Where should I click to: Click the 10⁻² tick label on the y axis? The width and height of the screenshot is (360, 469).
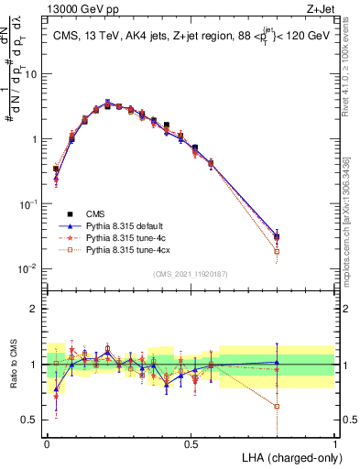click(27, 268)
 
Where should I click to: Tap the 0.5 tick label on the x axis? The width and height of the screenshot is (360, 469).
click(191, 442)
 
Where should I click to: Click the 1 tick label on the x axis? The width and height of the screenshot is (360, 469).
click(335, 442)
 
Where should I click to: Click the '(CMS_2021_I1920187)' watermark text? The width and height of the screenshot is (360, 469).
click(191, 274)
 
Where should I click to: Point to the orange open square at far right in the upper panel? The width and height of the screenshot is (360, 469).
click(278, 251)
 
